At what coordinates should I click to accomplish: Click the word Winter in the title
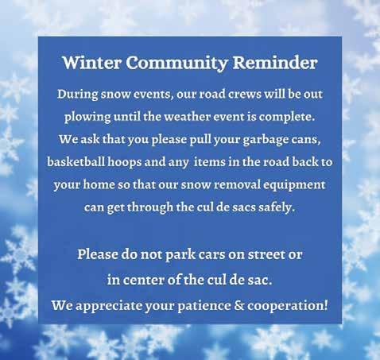pos(92,63)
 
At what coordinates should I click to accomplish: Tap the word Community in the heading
pos(176,64)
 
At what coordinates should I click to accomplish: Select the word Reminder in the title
pos(275,63)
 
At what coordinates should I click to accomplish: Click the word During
pos(77,95)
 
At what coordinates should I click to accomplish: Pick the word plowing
pos(87,117)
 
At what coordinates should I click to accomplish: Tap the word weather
pos(188,117)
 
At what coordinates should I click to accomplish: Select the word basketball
pos(76,161)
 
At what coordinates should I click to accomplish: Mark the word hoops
pos(125,162)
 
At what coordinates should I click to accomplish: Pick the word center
pos(143,280)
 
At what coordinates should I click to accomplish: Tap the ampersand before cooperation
pos(239,305)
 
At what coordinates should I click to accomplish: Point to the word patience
pos(204,306)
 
